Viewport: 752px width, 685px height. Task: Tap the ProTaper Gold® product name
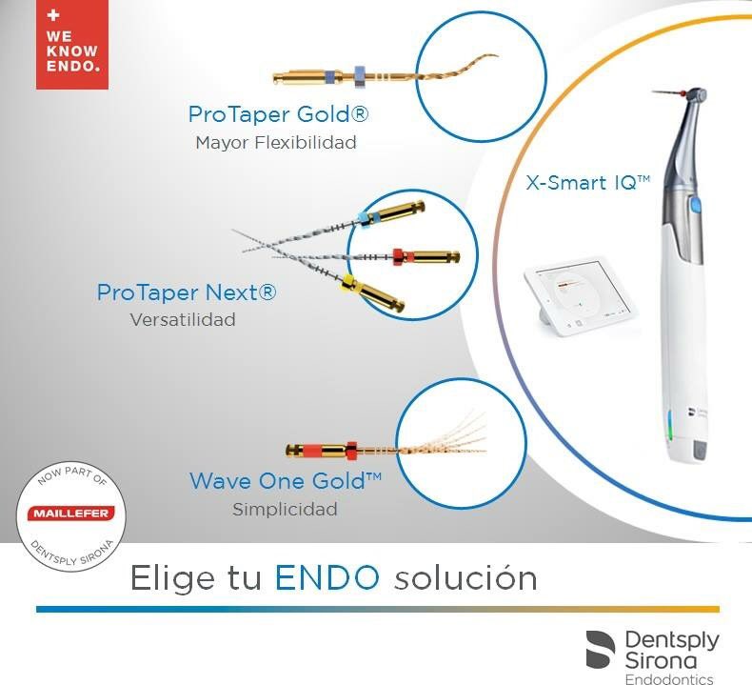pyautogui.click(x=278, y=115)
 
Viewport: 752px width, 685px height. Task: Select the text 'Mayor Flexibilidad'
pyautogui.click(x=275, y=144)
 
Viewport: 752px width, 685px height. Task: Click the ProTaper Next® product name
pyautogui.click(x=187, y=292)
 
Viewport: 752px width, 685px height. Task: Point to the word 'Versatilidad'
pyautogui.click(x=182, y=320)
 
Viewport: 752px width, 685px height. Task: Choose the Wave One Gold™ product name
pyautogui.click(x=285, y=481)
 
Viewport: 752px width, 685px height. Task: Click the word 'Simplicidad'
pyautogui.click(x=285, y=510)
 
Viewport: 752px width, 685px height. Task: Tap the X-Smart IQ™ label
pyautogui.click(x=587, y=182)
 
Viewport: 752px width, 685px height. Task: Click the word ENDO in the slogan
pyautogui.click(x=327, y=577)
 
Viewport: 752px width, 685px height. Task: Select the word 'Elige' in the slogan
pyautogui.click(x=165, y=578)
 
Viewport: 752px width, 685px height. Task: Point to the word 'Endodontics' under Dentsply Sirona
pyautogui.click(x=672, y=677)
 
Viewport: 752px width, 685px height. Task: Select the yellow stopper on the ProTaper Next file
pyautogui.click(x=349, y=279)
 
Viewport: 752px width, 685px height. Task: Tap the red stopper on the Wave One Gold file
pyautogui.click(x=352, y=447)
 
